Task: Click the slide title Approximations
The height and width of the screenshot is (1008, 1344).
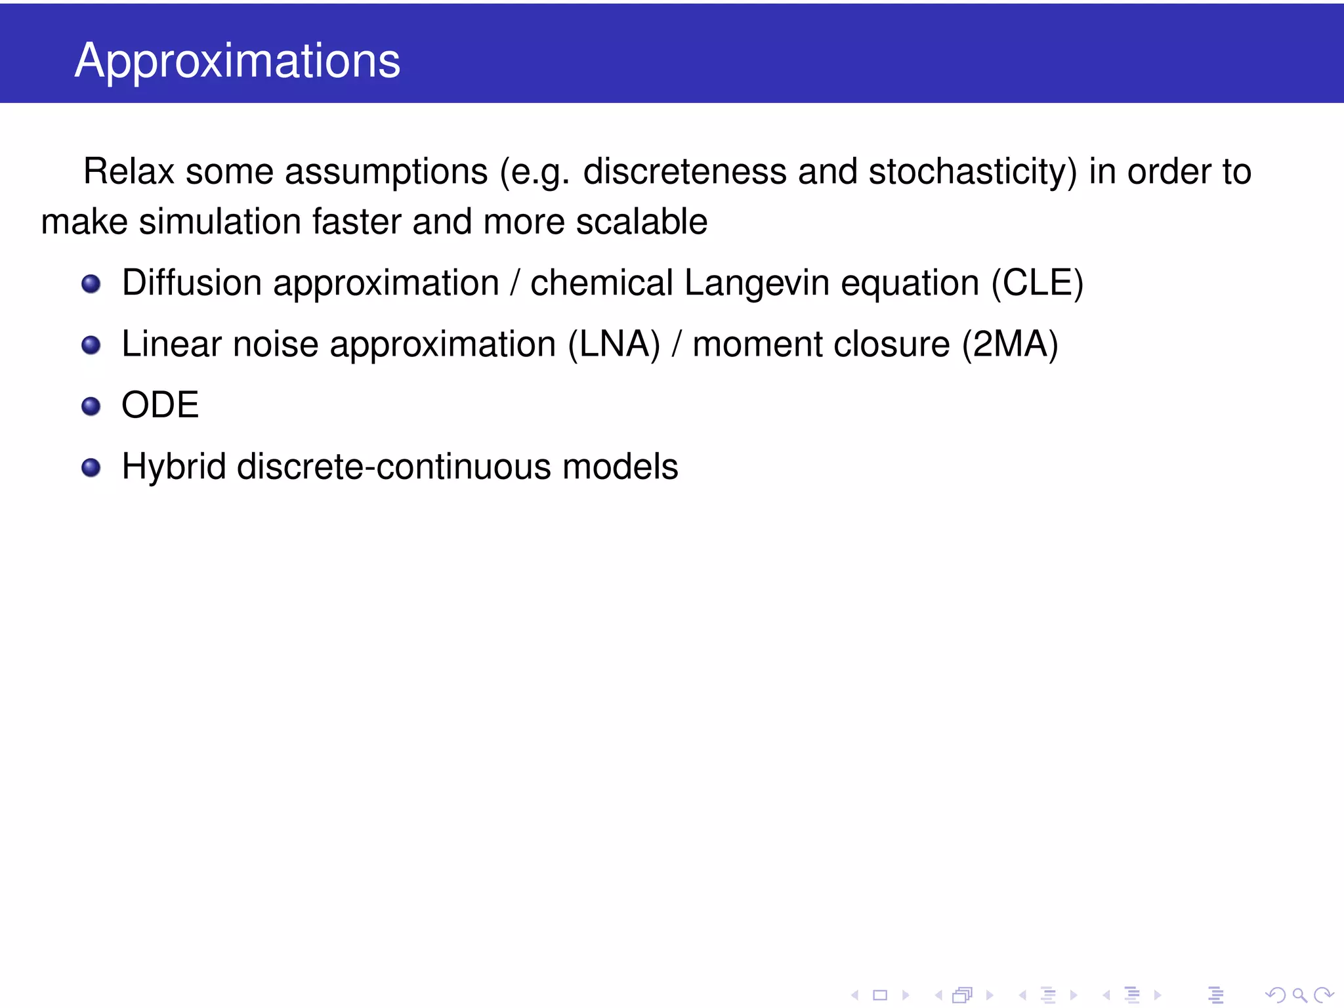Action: tap(237, 60)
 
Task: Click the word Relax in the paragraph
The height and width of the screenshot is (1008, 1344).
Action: tap(129, 172)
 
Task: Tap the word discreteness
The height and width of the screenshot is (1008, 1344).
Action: tap(684, 172)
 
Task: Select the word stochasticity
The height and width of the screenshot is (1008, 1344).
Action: tap(972, 172)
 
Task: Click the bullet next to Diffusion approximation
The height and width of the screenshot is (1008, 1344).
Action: tap(91, 284)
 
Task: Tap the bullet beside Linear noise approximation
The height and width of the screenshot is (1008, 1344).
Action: tap(91, 345)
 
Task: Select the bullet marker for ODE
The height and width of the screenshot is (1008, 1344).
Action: tap(91, 406)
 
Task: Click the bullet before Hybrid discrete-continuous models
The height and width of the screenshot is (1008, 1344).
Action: tap(91, 468)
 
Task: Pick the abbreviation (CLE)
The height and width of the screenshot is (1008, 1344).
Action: tap(1037, 283)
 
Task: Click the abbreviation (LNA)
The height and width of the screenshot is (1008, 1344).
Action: tap(614, 345)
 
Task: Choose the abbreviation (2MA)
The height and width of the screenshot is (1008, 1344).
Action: tap(1010, 345)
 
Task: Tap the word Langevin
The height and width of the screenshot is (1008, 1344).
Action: tap(757, 283)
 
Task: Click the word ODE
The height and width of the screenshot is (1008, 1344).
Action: tap(160, 405)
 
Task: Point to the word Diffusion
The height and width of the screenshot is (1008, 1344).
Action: tap(192, 283)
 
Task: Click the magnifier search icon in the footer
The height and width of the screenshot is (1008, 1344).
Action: tap(1299, 995)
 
